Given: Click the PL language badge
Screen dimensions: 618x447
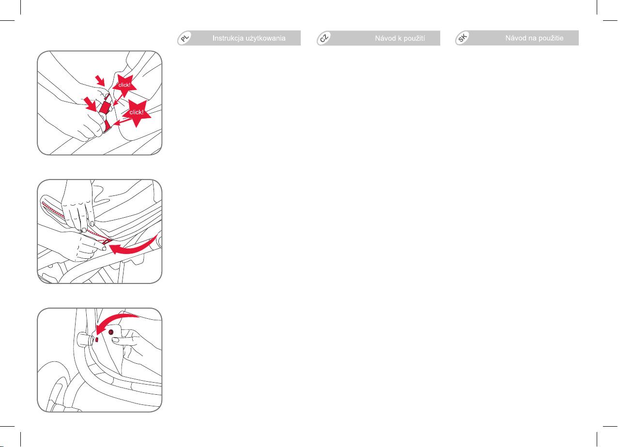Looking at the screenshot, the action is click(x=185, y=38).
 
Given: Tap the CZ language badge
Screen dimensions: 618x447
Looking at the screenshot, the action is click(x=324, y=38).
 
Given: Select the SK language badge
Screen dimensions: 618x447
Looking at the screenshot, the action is click(x=463, y=38).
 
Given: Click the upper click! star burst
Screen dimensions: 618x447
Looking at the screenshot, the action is click(x=124, y=85).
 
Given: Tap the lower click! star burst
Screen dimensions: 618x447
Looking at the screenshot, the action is click(x=137, y=112).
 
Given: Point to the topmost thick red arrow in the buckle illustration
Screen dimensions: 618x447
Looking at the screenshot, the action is click(x=100, y=80).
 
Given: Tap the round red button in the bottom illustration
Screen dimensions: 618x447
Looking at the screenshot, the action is click(x=111, y=332).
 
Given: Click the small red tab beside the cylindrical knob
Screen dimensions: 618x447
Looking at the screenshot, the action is click(x=97, y=340).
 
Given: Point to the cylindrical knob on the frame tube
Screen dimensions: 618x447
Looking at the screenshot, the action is click(x=85, y=340).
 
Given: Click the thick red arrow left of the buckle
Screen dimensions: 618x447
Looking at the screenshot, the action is click(x=91, y=104).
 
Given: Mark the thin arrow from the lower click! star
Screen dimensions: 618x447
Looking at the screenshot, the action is click(x=122, y=121).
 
